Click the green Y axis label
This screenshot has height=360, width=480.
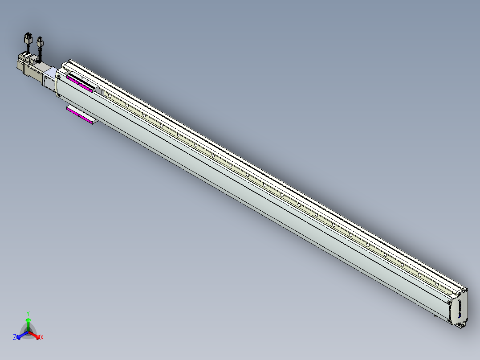click(x=28, y=313)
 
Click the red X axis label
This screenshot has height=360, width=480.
click(x=41, y=338)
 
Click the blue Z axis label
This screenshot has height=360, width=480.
click(x=15, y=338)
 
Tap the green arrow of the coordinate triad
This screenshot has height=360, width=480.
click(x=28, y=322)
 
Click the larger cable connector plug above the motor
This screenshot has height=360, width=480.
click(x=28, y=38)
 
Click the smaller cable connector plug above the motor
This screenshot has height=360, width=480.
click(x=41, y=43)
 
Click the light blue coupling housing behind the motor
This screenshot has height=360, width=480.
click(x=50, y=76)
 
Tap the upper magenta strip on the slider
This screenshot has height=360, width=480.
click(x=79, y=83)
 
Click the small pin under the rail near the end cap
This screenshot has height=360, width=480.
click(x=436, y=316)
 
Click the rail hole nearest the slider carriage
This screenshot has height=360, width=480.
click(x=110, y=95)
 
